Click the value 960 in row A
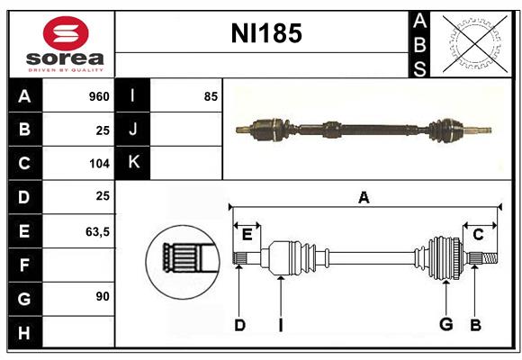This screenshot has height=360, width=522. pos(98,96)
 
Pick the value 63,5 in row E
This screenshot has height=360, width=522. pos(96,231)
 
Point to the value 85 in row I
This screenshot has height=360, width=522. pos(211,96)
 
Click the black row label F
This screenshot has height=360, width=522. pos(24,265)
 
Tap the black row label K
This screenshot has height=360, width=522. pos(133,163)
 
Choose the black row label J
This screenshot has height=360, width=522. pos(133,130)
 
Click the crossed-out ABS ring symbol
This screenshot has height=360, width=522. pos(473,44)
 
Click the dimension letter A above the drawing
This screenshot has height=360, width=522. pos(364,197)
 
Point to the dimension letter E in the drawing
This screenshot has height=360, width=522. pos(247,235)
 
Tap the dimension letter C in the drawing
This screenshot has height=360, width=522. pos(478,235)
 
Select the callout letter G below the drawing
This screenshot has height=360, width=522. pos(445,325)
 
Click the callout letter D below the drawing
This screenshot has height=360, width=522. pos(239,325)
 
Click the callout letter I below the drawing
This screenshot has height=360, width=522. pos(281,325)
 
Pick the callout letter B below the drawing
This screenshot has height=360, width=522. pos(474,325)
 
